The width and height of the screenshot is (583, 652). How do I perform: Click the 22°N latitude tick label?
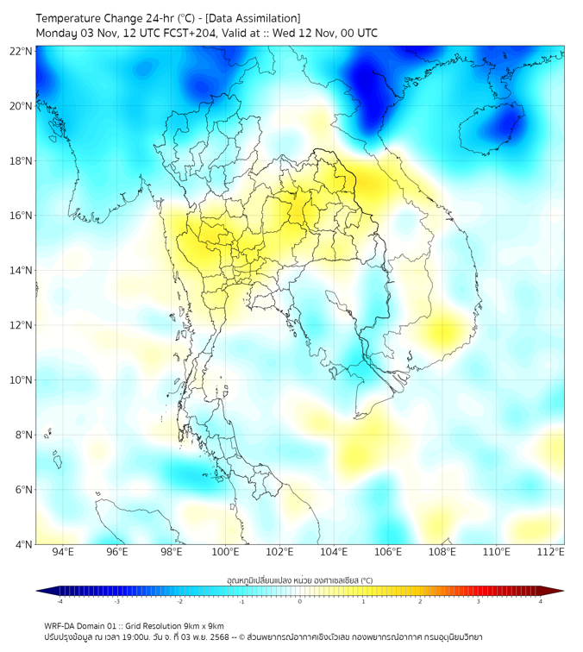[22, 51]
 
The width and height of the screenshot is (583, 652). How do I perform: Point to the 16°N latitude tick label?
[22, 216]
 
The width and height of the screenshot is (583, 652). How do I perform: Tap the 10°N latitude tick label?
[22, 380]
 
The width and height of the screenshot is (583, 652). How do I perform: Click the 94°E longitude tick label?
[63, 553]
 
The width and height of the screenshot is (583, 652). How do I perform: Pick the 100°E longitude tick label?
[226, 553]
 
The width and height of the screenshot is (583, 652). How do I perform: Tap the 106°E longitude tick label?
[389, 553]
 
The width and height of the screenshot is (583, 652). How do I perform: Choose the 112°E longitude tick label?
[551, 553]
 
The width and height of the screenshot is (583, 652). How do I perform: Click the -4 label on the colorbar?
[60, 601]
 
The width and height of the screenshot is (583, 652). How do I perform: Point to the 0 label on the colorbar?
[300, 601]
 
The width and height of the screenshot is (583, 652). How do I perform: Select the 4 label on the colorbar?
[541, 601]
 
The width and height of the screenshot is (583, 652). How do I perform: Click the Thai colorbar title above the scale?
[299, 580]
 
